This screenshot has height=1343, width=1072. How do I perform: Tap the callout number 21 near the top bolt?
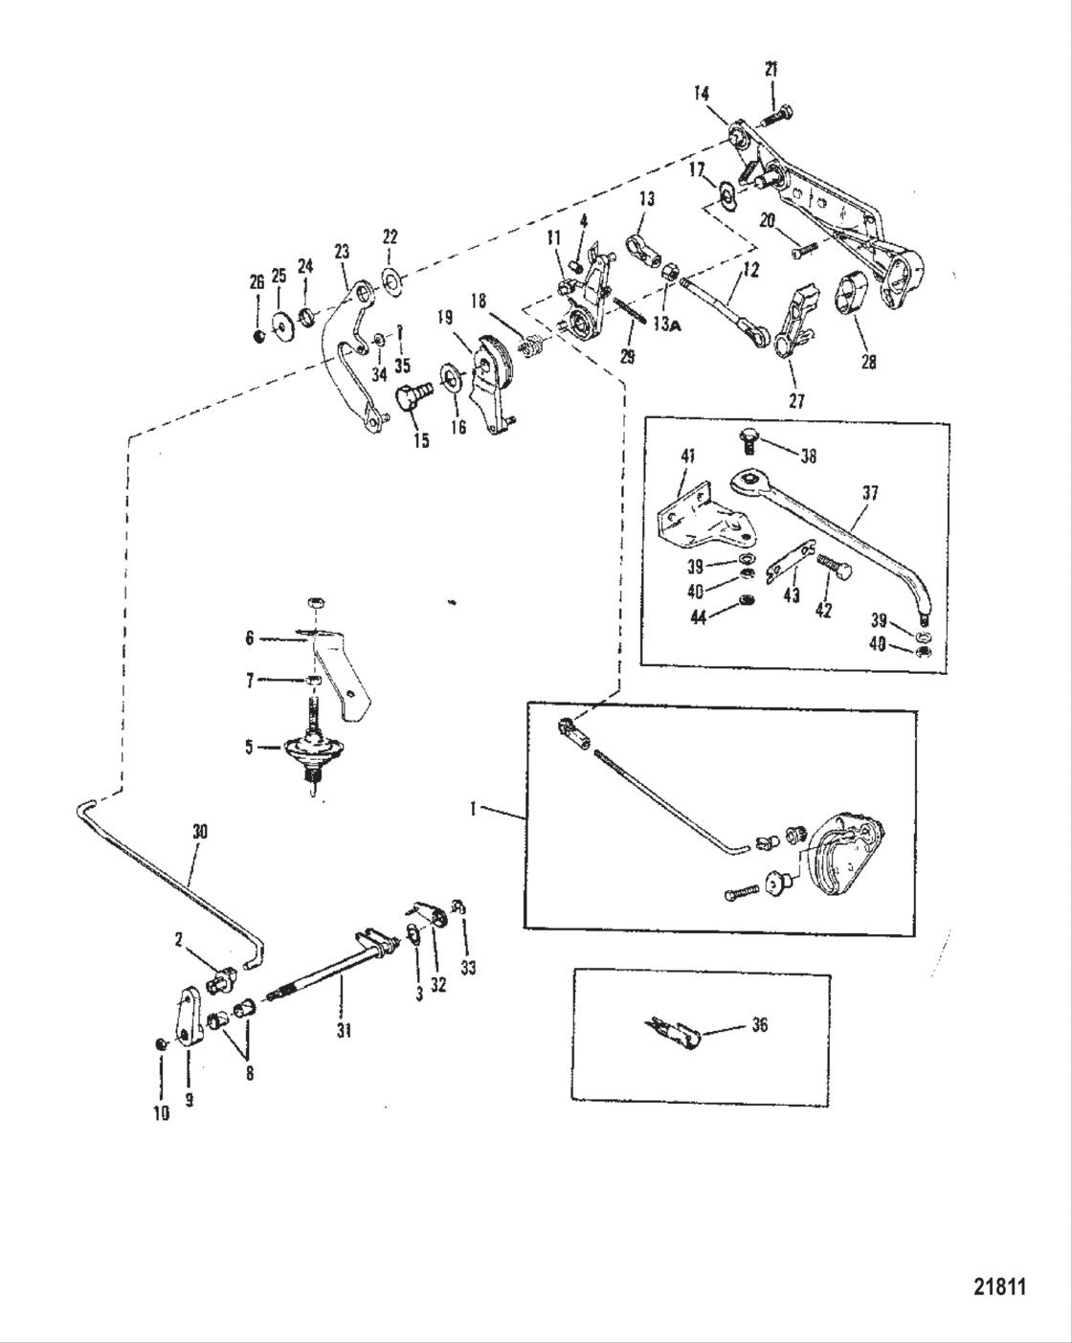tap(771, 69)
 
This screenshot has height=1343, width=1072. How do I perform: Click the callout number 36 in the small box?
tap(759, 1025)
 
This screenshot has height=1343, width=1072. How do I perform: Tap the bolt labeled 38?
tap(749, 441)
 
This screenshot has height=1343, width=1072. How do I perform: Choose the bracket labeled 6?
tap(343, 675)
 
